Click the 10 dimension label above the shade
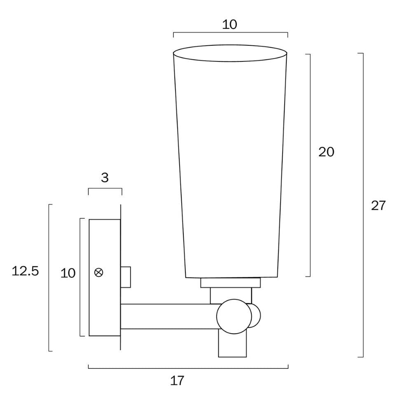[x=229, y=25]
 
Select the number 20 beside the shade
[x=326, y=152]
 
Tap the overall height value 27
[x=378, y=205]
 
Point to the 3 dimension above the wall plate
[x=105, y=178]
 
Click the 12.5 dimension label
[x=25, y=271]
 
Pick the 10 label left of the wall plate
[x=68, y=273]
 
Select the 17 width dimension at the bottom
[x=177, y=381]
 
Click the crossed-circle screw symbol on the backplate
[x=99, y=272]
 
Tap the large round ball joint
[x=234, y=316]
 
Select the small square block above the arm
[x=126, y=277]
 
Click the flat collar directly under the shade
[x=230, y=283]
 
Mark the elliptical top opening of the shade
[x=229, y=54]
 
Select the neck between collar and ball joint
[x=231, y=295]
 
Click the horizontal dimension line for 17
[x=188, y=368]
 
